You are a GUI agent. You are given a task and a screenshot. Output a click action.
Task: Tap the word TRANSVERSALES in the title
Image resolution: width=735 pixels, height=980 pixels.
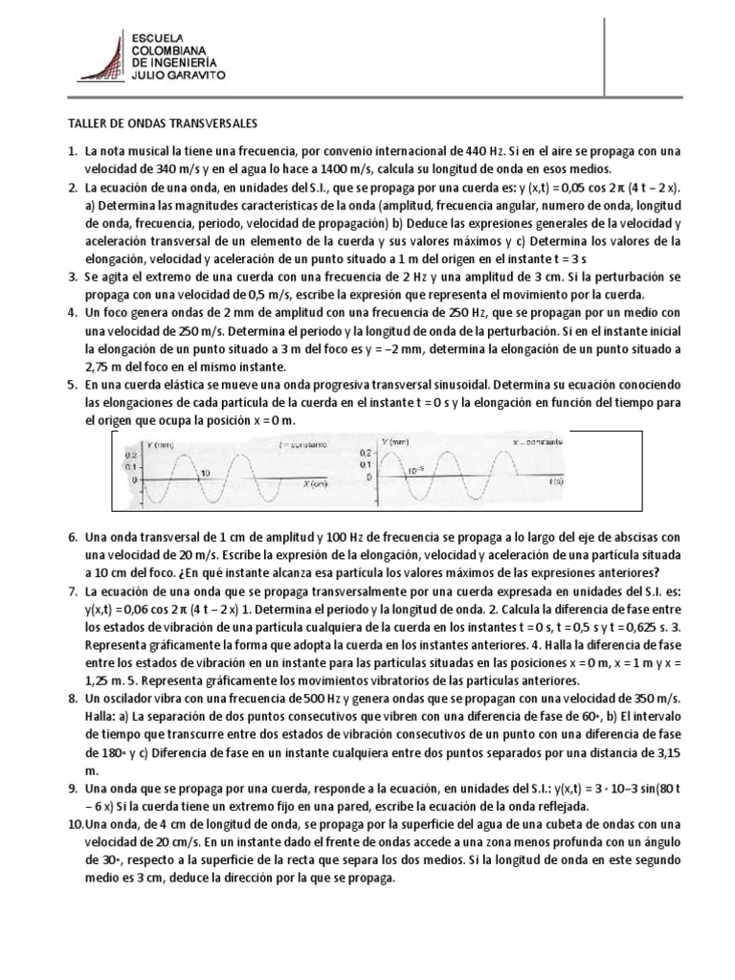coord(202,122)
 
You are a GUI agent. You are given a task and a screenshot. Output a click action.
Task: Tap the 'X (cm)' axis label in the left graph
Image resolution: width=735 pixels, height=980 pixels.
coord(316,485)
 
